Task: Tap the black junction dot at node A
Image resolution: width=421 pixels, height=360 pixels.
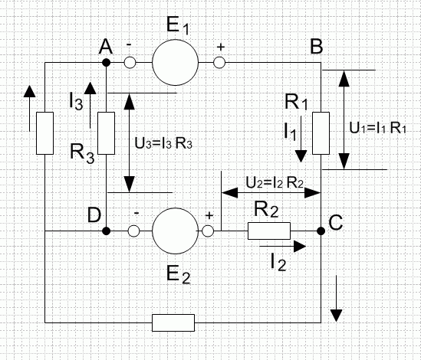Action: tap(107, 63)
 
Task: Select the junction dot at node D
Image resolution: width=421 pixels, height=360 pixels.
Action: tap(107, 231)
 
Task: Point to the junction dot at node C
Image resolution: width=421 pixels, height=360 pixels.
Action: tap(321, 231)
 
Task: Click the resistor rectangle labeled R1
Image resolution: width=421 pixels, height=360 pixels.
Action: tap(321, 133)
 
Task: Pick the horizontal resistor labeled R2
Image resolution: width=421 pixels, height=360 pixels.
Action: tap(269, 231)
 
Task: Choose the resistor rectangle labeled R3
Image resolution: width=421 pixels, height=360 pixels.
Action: tap(107, 133)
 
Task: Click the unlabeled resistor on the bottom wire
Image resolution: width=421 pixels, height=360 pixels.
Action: tap(173, 322)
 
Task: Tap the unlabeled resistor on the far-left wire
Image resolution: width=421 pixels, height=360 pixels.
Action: tap(44, 133)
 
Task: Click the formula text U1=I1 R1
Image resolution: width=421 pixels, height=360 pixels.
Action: tap(378, 128)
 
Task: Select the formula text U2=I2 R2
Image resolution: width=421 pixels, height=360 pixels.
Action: tap(275, 183)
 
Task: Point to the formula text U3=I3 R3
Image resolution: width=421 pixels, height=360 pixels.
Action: tap(163, 143)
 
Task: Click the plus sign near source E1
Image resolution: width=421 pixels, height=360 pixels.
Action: tap(220, 47)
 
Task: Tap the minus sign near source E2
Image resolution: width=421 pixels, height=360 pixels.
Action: tap(136, 213)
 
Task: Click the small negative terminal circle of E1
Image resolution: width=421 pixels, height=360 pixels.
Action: tap(130, 63)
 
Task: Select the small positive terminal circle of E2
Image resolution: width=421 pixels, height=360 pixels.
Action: tap(208, 231)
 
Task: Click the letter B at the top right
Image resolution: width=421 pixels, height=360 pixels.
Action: tap(316, 46)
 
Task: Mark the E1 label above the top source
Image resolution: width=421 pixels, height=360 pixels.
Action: tap(177, 26)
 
